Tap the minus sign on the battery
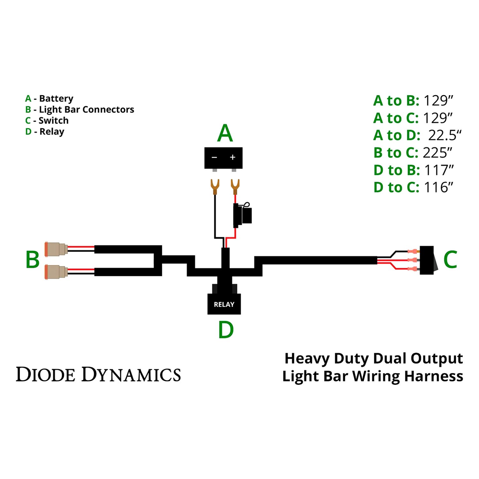[x=214, y=157]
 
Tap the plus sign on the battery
[x=232, y=157]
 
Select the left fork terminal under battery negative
[x=215, y=187]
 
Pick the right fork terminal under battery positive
[x=235, y=187]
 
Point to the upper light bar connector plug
[x=56, y=249]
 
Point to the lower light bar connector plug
[x=56, y=272]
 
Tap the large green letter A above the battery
[x=225, y=133]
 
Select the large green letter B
[x=32, y=259]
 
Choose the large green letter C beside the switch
[x=450, y=259]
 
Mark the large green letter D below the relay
[x=226, y=330]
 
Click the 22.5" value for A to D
[x=445, y=135]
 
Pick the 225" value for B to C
[x=437, y=153]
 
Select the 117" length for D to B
[x=438, y=170]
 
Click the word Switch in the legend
[x=53, y=121]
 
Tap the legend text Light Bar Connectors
[x=86, y=110]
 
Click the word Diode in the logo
[x=46, y=375]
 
